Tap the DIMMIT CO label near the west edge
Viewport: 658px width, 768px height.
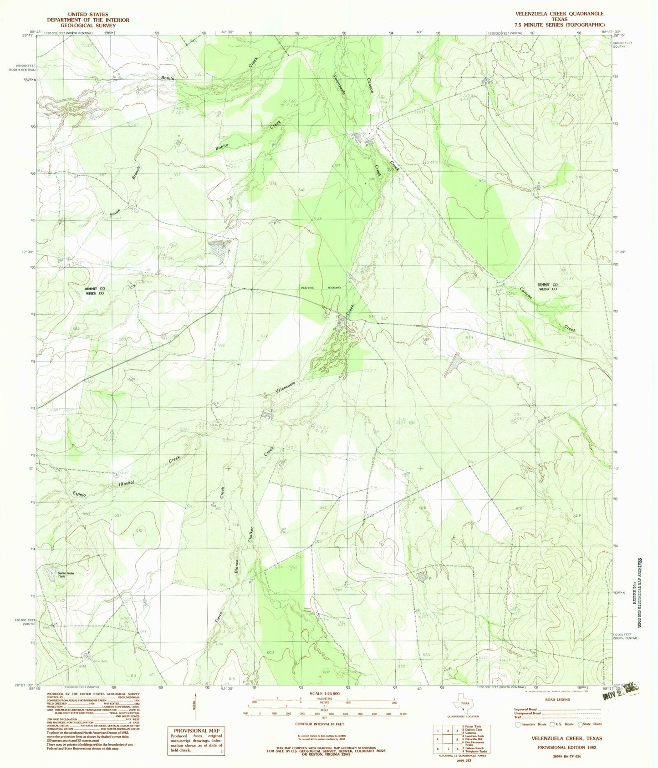click(x=94, y=289)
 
